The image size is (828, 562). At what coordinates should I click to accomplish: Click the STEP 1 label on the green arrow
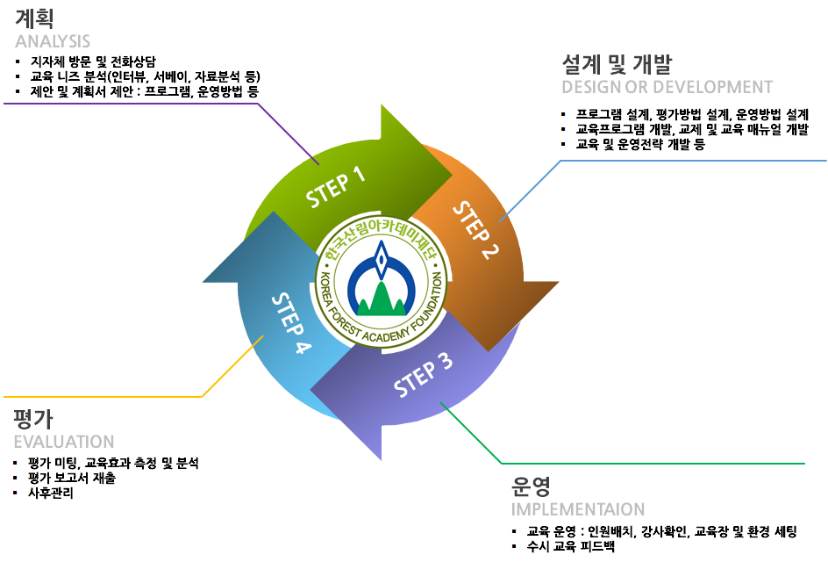pyautogui.click(x=336, y=187)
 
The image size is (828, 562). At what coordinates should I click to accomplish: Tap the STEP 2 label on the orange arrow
pyautogui.click(x=475, y=230)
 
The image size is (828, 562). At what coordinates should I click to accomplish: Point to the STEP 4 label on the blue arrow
pyautogui.click(x=291, y=322)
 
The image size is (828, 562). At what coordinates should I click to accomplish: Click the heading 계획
pyautogui.click(x=34, y=19)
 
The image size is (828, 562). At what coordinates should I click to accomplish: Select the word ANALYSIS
pyautogui.click(x=53, y=41)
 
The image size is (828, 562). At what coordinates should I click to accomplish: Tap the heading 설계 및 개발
pyautogui.click(x=617, y=64)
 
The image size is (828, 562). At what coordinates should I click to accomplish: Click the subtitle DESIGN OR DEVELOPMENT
pyautogui.click(x=667, y=87)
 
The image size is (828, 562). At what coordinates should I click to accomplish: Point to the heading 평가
pyautogui.click(x=33, y=419)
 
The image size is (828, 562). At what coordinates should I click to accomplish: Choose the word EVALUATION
pyautogui.click(x=64, y=442)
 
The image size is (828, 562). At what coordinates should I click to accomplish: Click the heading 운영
pyautogui.click(x=531, y=486)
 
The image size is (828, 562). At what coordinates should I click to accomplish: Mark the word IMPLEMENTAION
pyautogui.click(x=578, y=509)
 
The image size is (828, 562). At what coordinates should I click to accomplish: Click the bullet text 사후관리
pyautogui.click(x=51, y=493)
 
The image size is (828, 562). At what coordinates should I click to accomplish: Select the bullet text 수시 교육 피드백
pyautogui.click(x=571, y=546)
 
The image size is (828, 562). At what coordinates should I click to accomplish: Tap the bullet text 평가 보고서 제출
pyautogui.click(x=72, y=478)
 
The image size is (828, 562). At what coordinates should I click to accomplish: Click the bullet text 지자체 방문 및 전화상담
pyautogui.click(x=93, y=61)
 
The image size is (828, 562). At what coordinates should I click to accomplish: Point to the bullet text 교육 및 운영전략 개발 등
pyautogui.click(x=640, y=144)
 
